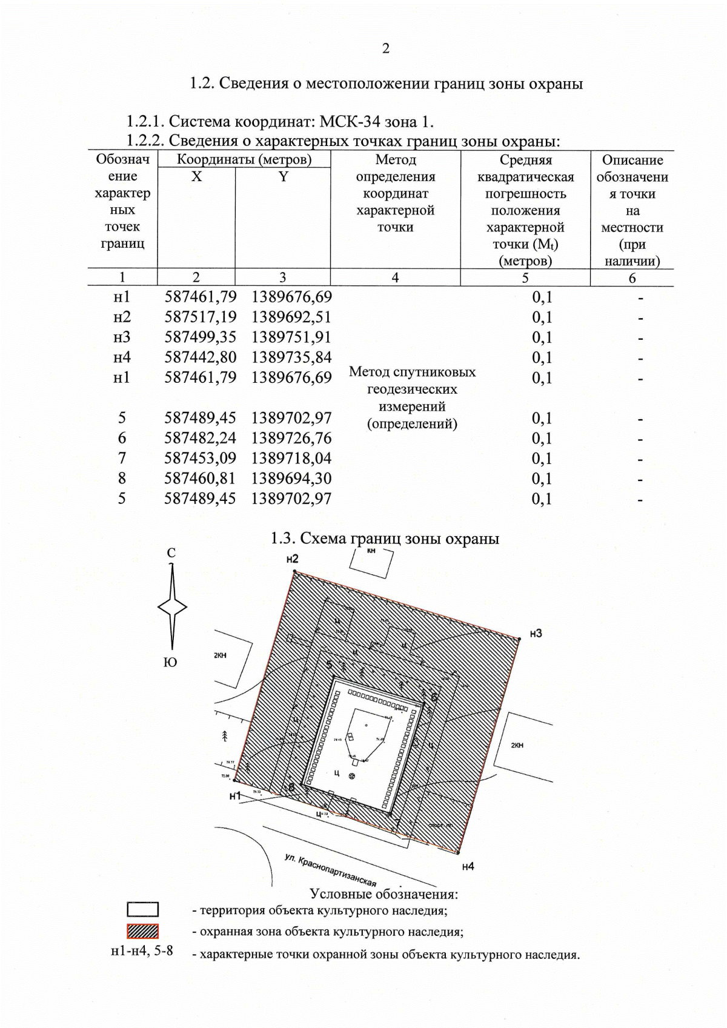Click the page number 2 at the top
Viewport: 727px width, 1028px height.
pyautogui.click(x=386, y=48)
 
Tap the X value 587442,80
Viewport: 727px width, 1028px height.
pyautogui.click(x=200, y=357)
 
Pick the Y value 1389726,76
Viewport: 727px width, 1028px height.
pyautogui.click(x=291, y=438)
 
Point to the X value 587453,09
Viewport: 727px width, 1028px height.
pyautogui.click(x=200, y=458)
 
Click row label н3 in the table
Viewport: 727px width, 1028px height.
pyautogui.click(x=122, y=337)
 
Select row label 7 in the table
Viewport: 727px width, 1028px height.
pyautogui.click(x=122, y=458)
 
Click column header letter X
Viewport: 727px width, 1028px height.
pyautogui.click(x=196, y=177)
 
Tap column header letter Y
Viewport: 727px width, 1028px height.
pyautogui.click(x=283, y=177)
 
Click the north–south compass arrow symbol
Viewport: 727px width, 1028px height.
pyautogui.click(x=172, y=607)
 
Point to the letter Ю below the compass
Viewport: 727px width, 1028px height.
pyautogui.click(x=171, y=662)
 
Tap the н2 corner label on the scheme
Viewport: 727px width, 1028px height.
pyautogui.click(x=293, y=559)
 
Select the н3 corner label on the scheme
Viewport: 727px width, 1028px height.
pyautogui.click(x=536, y=634)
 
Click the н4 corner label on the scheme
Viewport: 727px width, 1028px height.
pyautogui.click(x=468, y=867)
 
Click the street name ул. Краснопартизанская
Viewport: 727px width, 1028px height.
pyautogui.click(x=330, y=870)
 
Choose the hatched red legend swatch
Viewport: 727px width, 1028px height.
pyautogui.click(x=143, y=931)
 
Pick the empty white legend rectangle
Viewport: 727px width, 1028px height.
pyautogui.click(x=143, y=910)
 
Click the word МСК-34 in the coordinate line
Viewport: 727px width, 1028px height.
pyautogui.click(x=350, y=122)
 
